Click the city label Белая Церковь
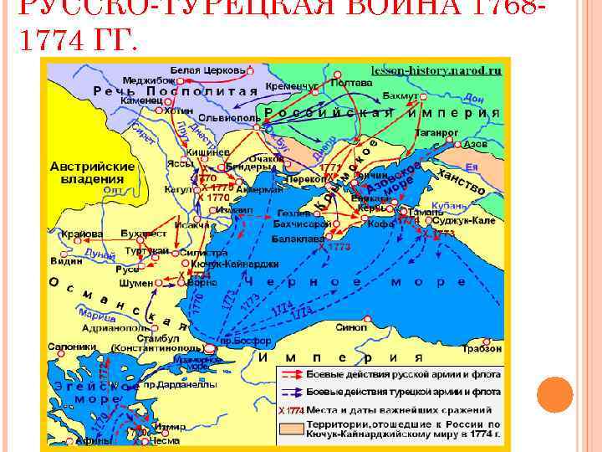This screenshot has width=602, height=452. point(208,69)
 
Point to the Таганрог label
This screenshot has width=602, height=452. point(436,133)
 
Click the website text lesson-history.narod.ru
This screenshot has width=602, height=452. point(436,71)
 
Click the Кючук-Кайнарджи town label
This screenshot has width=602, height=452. point(227,264)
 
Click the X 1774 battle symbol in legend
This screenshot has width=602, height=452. point(291,410)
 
